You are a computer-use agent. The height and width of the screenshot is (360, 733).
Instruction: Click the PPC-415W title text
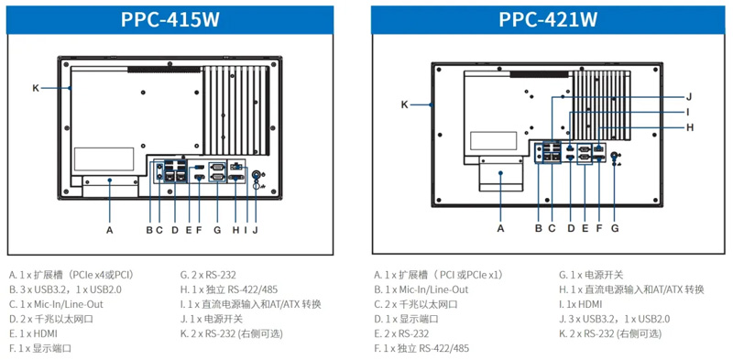(x=170, y=19)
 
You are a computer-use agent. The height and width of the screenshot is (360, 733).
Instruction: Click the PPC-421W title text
(x=548, y=19)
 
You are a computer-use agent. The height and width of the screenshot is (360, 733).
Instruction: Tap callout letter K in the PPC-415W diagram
(x=36, y=87)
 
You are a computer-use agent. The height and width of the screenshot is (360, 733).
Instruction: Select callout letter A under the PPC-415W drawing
(x=110, y=230)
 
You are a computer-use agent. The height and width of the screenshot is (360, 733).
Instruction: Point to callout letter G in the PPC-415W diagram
(x=217, y=230)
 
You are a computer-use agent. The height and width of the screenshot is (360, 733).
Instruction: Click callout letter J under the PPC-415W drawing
(x=256, y=230)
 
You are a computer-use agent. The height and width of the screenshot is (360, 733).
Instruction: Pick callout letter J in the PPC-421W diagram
(x=689, y=97)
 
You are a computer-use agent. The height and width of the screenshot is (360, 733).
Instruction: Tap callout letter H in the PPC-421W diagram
(x=690, y=127)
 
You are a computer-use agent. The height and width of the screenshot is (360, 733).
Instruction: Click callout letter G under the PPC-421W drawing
(x=615, y=228)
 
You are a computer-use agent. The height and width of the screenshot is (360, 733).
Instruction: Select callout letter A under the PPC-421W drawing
(x=500, y=228)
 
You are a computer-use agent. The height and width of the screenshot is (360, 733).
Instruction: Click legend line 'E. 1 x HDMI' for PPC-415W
(x=33, y=333)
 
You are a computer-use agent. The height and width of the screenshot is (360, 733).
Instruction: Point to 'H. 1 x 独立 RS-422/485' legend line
(x=228, y=289)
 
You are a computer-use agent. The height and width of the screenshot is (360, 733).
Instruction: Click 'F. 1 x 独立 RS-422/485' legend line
(x=421, y=348)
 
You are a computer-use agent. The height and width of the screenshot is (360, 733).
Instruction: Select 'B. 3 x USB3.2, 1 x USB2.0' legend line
(x=65, y=289)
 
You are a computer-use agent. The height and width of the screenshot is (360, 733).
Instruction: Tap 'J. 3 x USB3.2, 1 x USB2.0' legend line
(x=614, y=319)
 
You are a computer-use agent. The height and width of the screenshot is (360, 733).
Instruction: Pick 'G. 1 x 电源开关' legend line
(x=591, y=275)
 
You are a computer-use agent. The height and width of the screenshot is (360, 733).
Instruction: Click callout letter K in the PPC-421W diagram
(x=404, y=104)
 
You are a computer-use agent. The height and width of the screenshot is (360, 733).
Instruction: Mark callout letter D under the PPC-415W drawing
(x=175, y=230)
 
